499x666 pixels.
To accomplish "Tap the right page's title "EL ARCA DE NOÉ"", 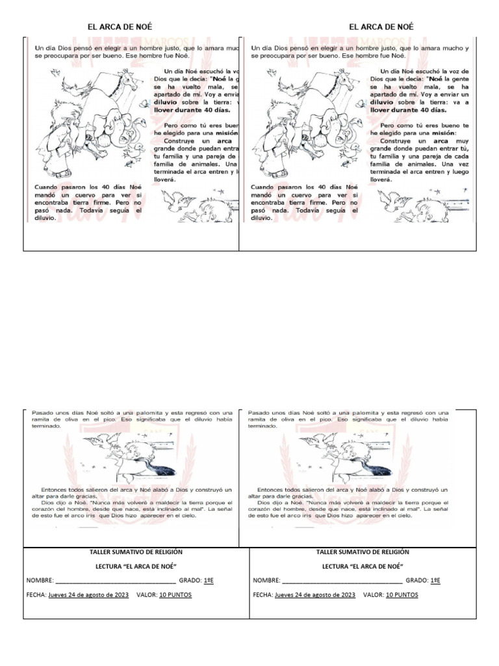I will point(381,27).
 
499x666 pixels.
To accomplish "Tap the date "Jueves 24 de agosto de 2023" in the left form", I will point(88,595).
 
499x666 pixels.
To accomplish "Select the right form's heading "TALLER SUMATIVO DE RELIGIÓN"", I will point(363,552).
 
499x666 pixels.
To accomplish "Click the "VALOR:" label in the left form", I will point(147,595).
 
